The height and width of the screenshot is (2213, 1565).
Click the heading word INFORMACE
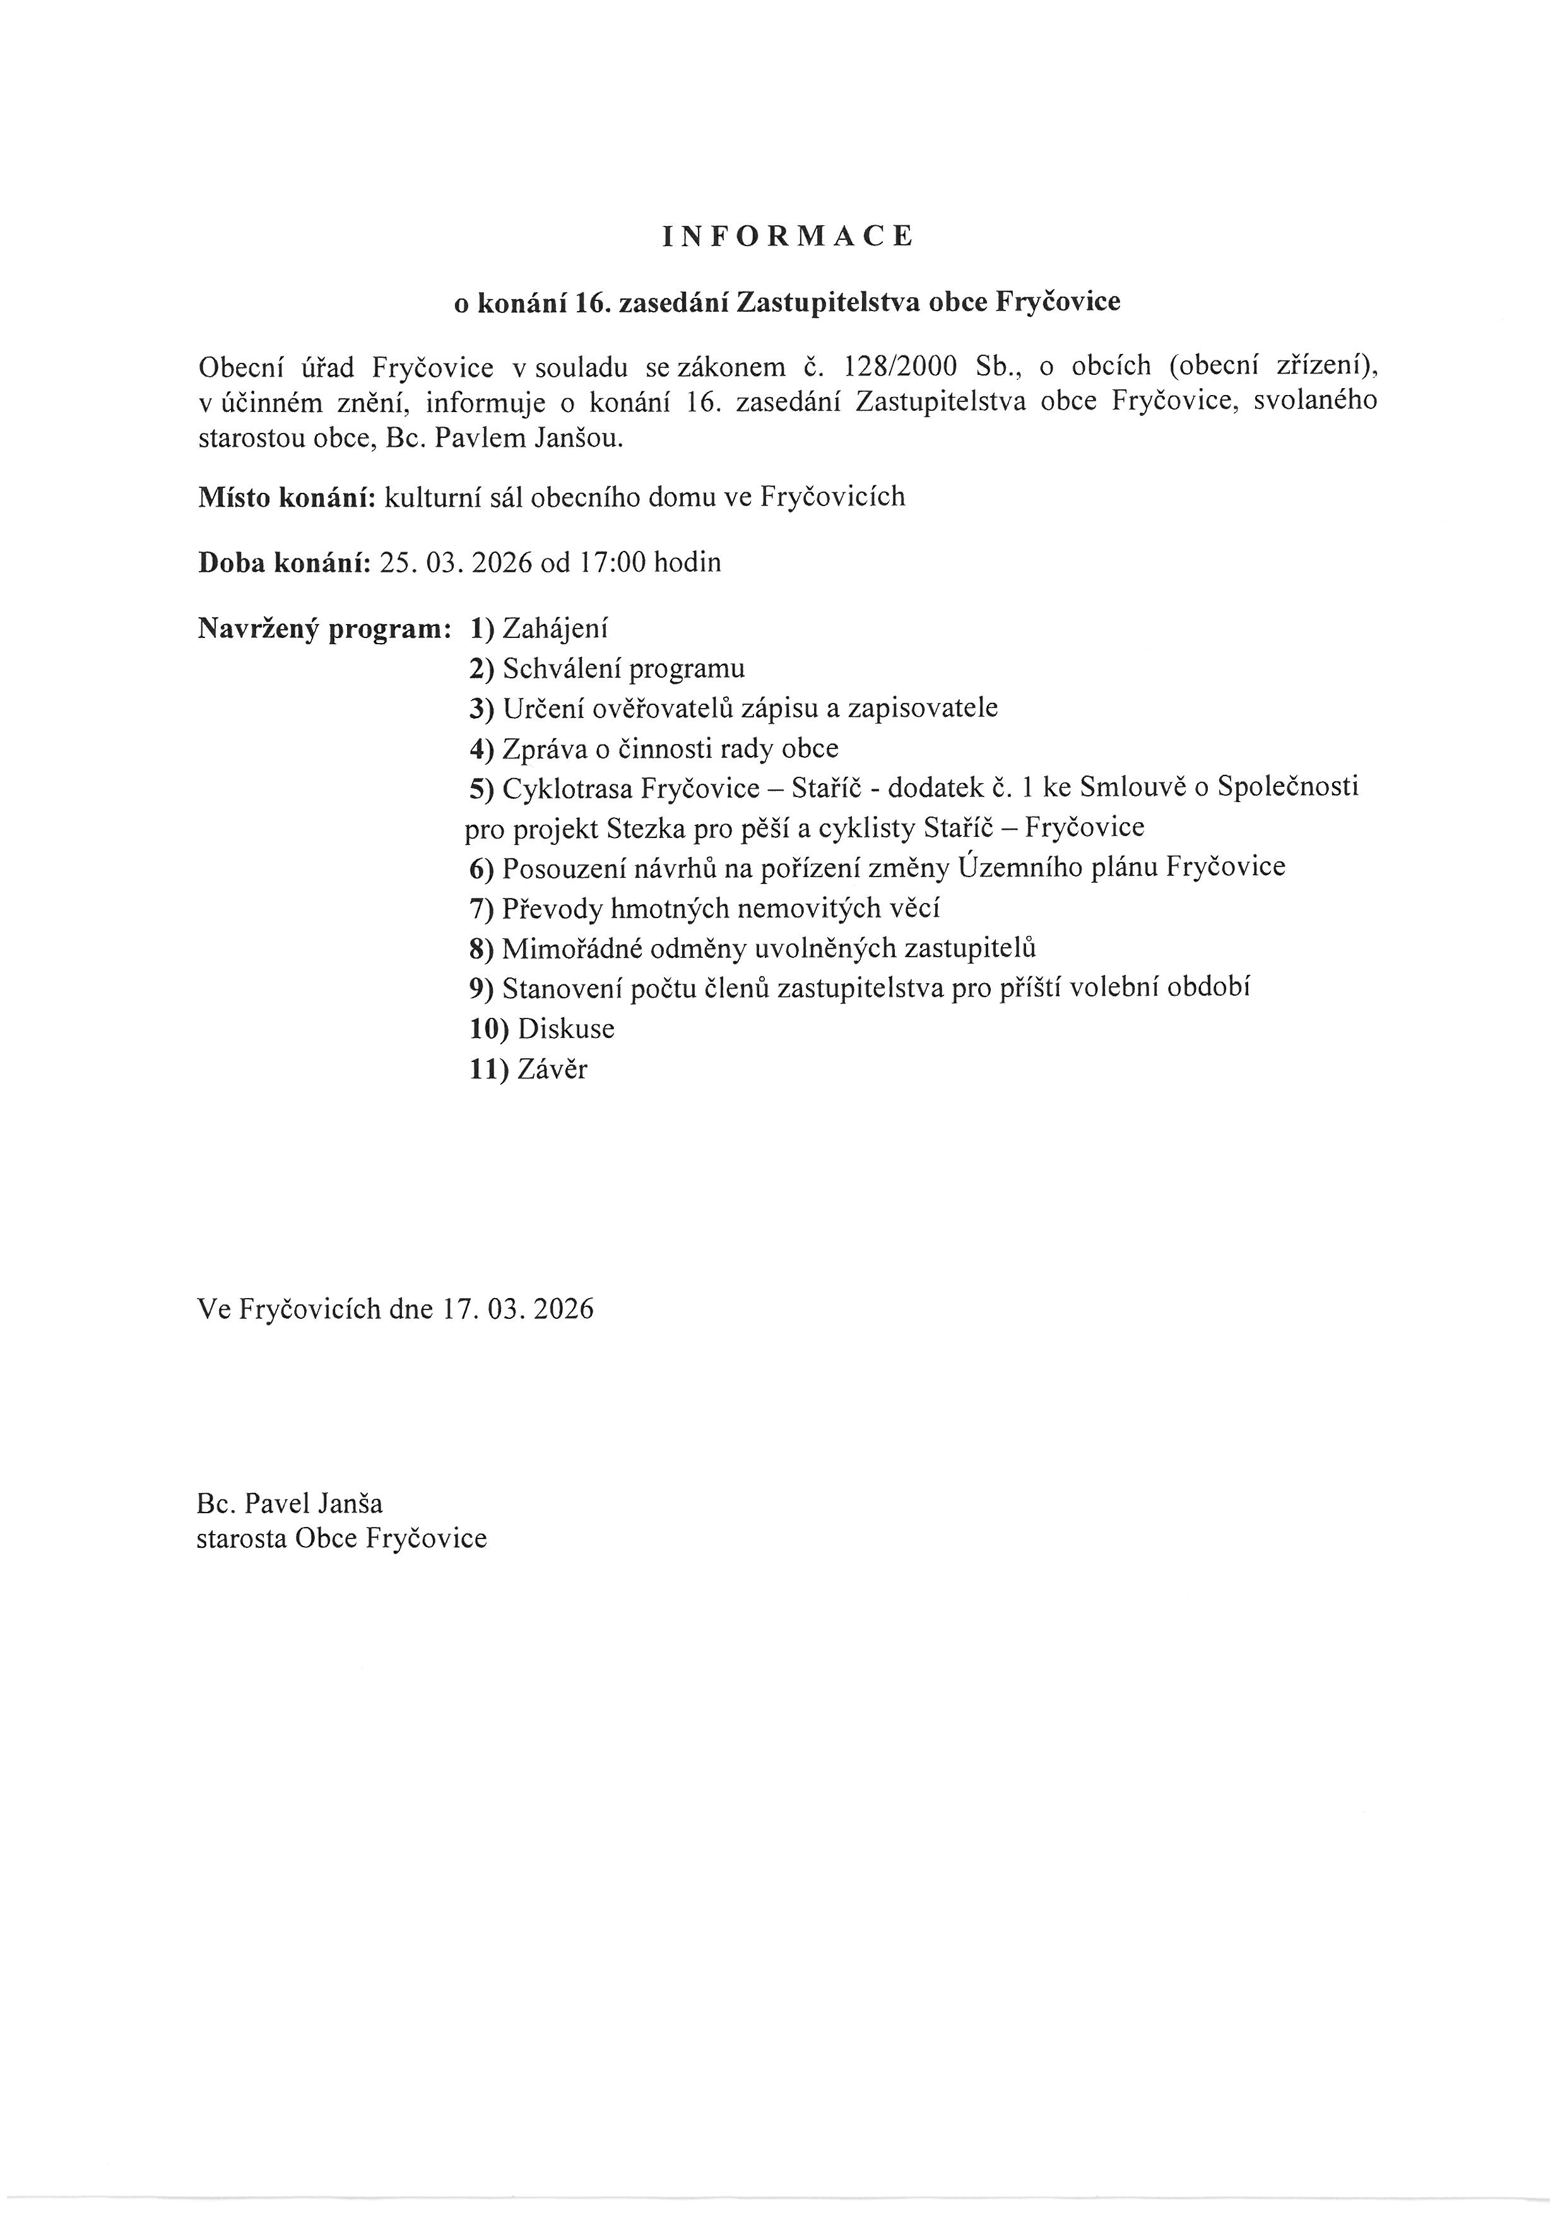pos(788,237)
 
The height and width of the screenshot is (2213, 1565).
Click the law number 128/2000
pos(900,367)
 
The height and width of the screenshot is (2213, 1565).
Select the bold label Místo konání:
pos(286,497)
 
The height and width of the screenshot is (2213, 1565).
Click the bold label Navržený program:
pos(325,629)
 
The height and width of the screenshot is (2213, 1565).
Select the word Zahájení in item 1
pos(555,629)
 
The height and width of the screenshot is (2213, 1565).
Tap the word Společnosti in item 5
pos(1287,788)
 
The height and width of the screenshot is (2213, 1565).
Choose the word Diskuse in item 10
pos(565,1029)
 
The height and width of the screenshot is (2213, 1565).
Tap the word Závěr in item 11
pos(552,1069)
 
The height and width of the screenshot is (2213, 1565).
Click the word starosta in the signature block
pos(242,1538)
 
